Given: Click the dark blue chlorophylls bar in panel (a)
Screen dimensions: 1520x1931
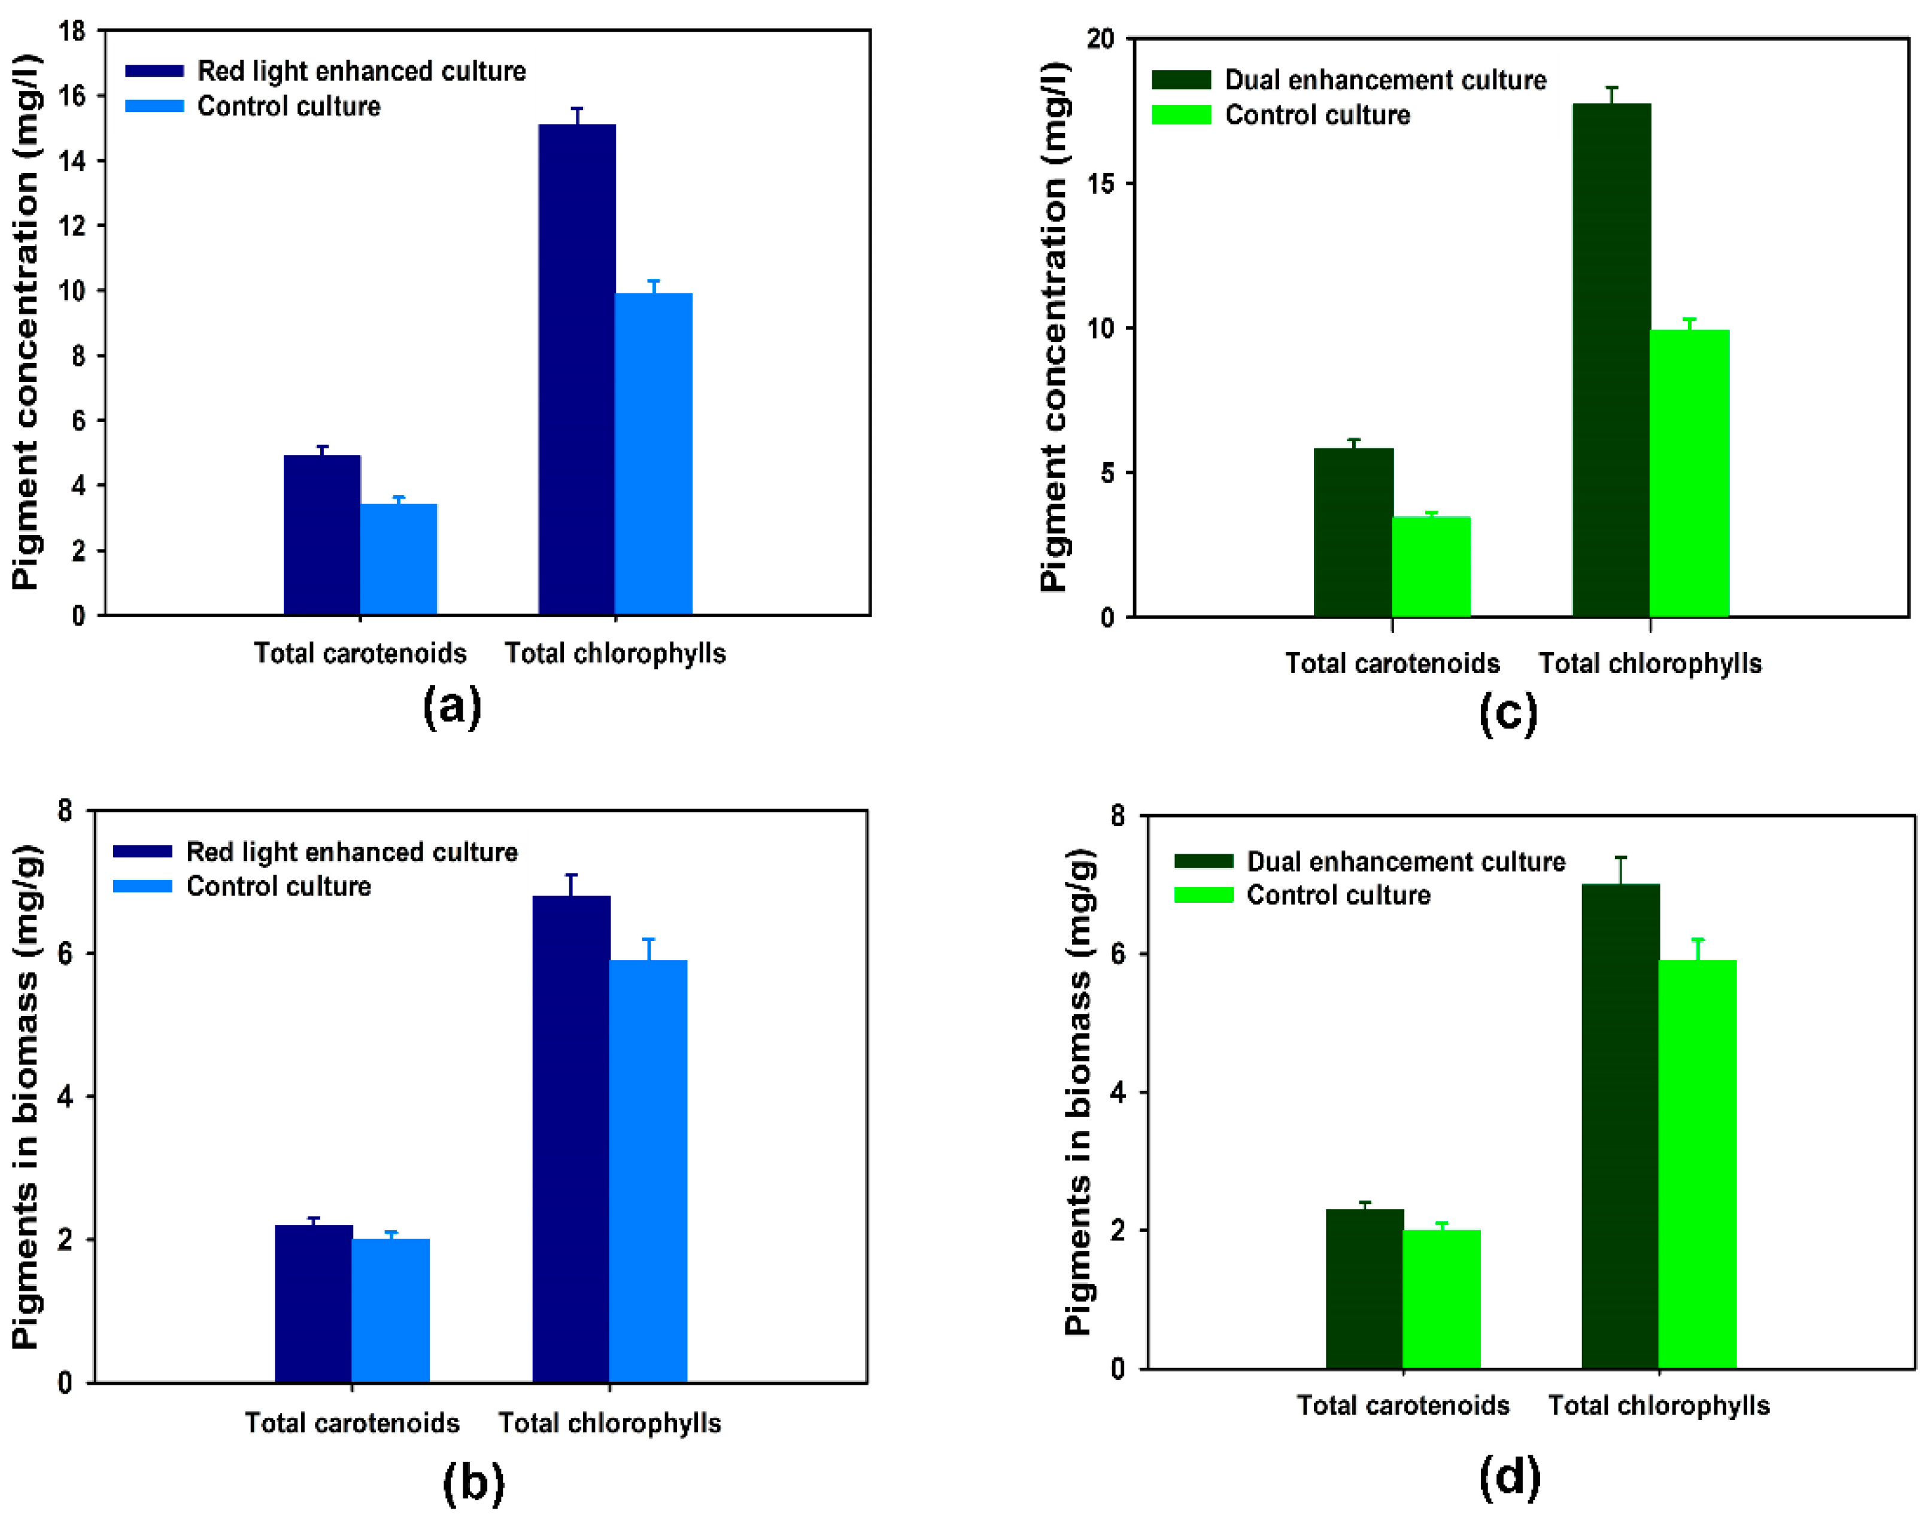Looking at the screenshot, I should click(x=576, y=369).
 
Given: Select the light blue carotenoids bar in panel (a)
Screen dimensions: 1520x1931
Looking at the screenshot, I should click(x=399, y=559).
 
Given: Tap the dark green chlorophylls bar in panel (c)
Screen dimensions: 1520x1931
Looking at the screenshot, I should click(x=1611, y=360).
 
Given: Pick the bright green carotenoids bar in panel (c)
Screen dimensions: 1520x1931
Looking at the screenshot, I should click(x=1431, y=567).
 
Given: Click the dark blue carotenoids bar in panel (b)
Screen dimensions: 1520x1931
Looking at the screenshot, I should click(x=313, y=1304).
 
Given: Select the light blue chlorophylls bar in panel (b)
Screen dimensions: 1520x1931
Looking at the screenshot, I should click(x=648, y=1171).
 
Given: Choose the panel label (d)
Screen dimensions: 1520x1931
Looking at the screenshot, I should click(x=1509, y=1477).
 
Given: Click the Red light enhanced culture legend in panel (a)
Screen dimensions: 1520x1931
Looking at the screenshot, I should click(x=360, y=71).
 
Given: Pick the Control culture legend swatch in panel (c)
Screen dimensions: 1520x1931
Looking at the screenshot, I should click(x=1181, y=115).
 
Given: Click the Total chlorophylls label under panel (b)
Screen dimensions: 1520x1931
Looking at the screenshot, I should click(x=609, y=1423).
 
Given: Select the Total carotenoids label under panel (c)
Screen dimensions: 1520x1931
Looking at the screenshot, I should click(x=1392, y=663).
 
